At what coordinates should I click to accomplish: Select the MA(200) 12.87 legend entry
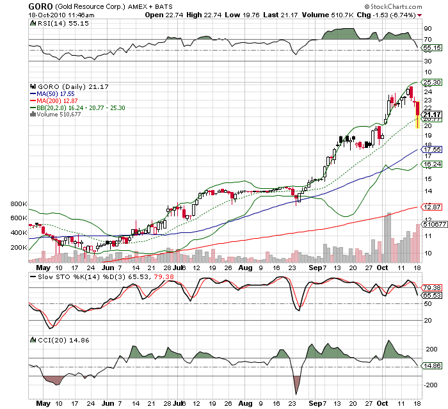pos(56,100)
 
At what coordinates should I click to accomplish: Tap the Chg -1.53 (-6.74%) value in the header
pos(392,14)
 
